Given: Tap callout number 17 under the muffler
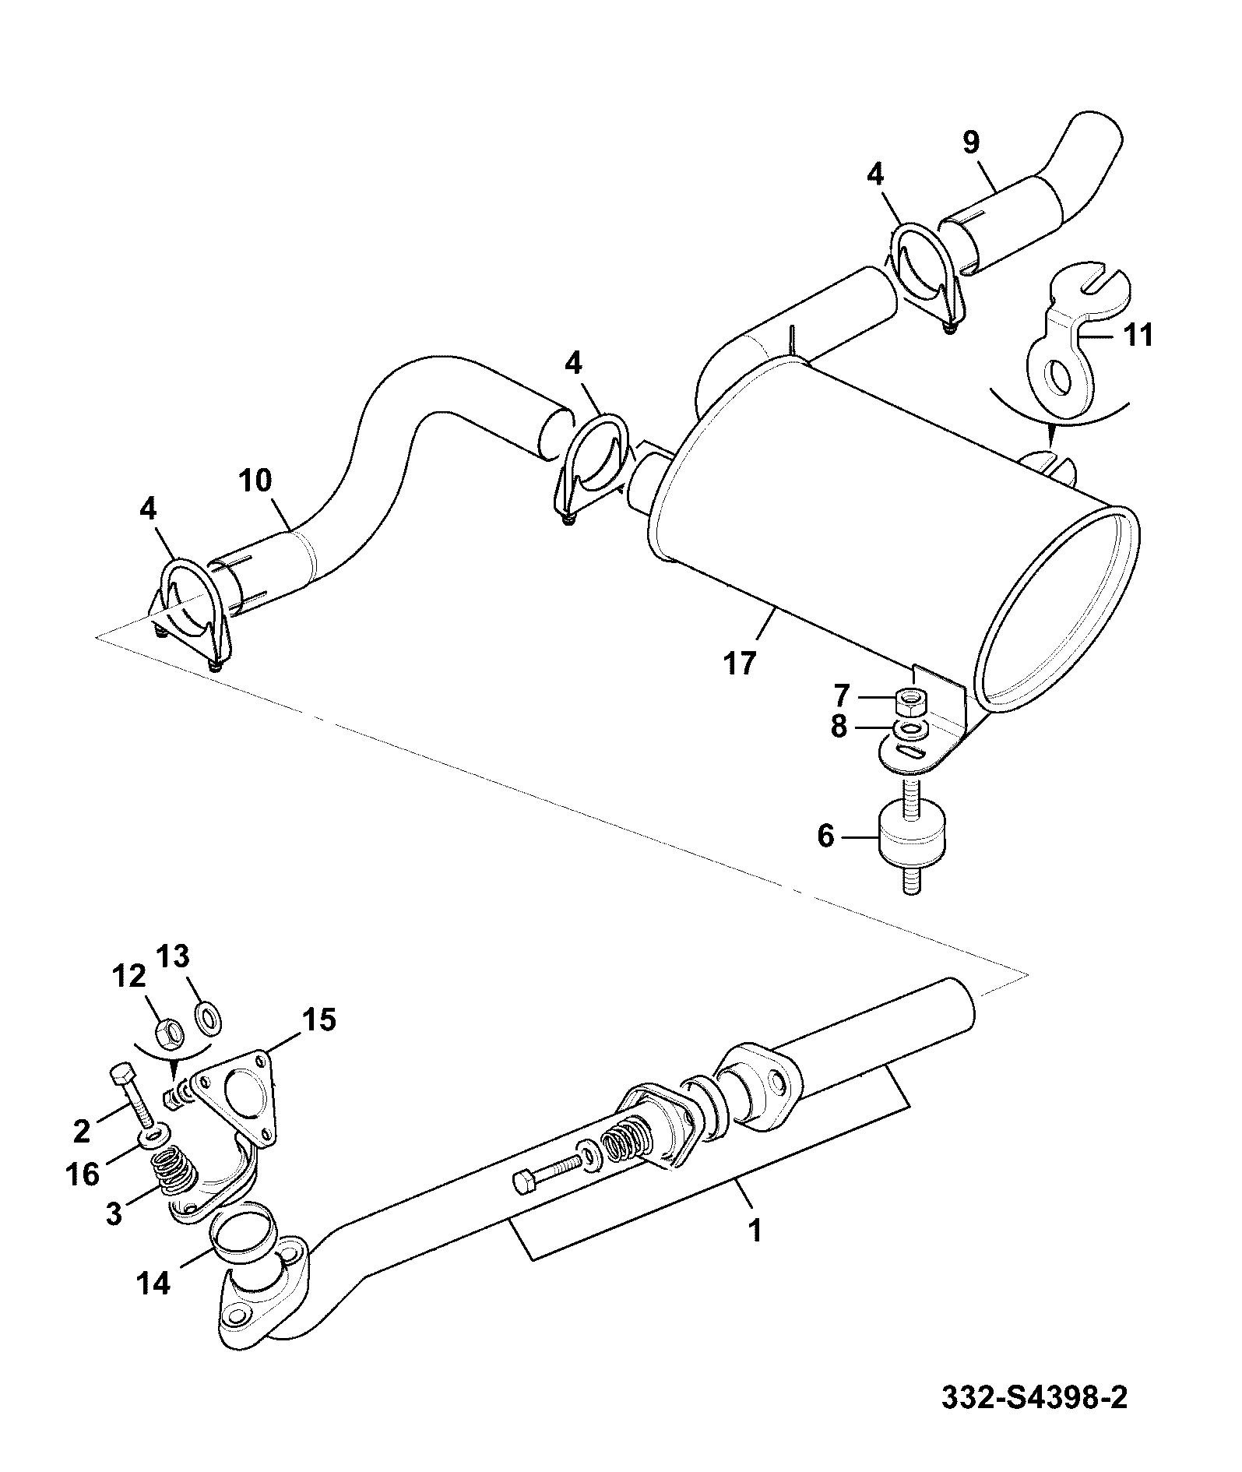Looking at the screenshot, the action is (739, 664).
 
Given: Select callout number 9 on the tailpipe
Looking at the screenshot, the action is (970, 142).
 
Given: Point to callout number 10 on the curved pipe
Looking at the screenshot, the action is (255, 481).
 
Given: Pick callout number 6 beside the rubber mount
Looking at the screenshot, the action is (826, 836).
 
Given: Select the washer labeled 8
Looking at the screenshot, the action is (910, 729).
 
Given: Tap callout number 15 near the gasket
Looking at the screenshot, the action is (319, 1019).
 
